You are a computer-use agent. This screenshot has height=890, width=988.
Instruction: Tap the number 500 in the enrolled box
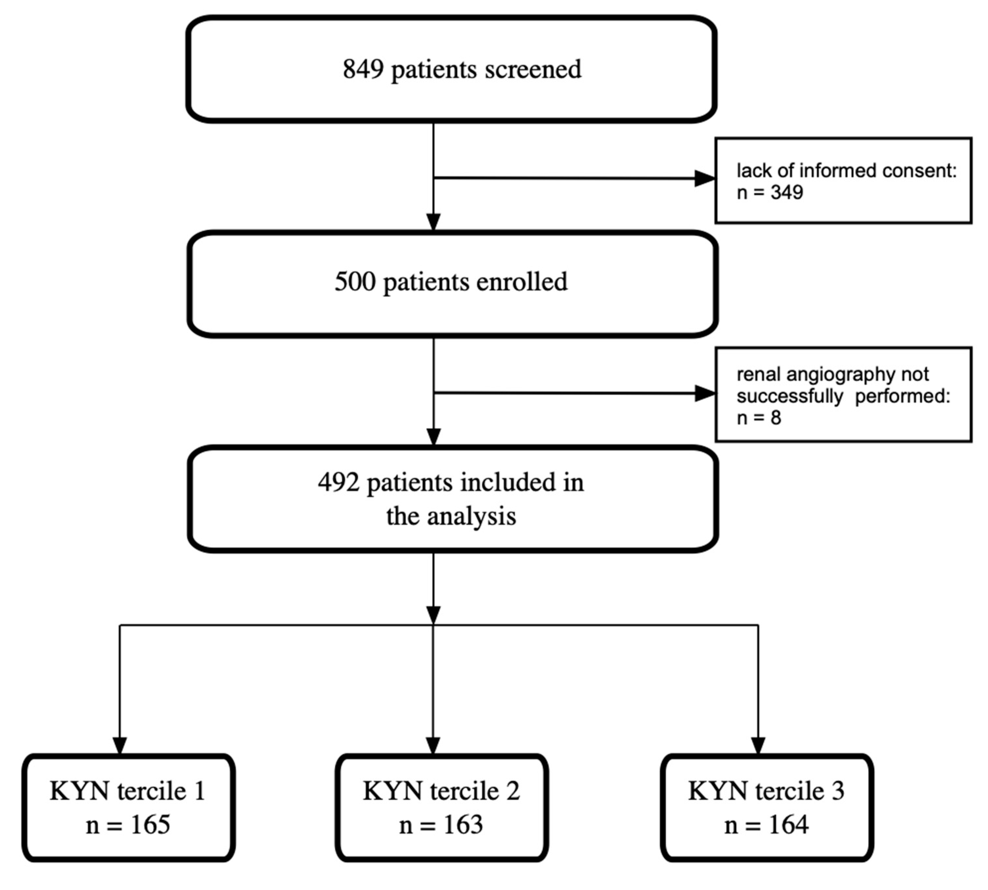pos(355,282)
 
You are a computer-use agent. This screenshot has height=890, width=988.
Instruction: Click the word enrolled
pos(521,282)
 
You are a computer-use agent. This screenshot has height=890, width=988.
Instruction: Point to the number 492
pos(339,483)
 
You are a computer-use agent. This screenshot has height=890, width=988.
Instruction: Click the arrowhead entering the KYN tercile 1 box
pos(120,745)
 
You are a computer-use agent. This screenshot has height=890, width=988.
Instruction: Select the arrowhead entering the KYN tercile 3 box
pos(758,745)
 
